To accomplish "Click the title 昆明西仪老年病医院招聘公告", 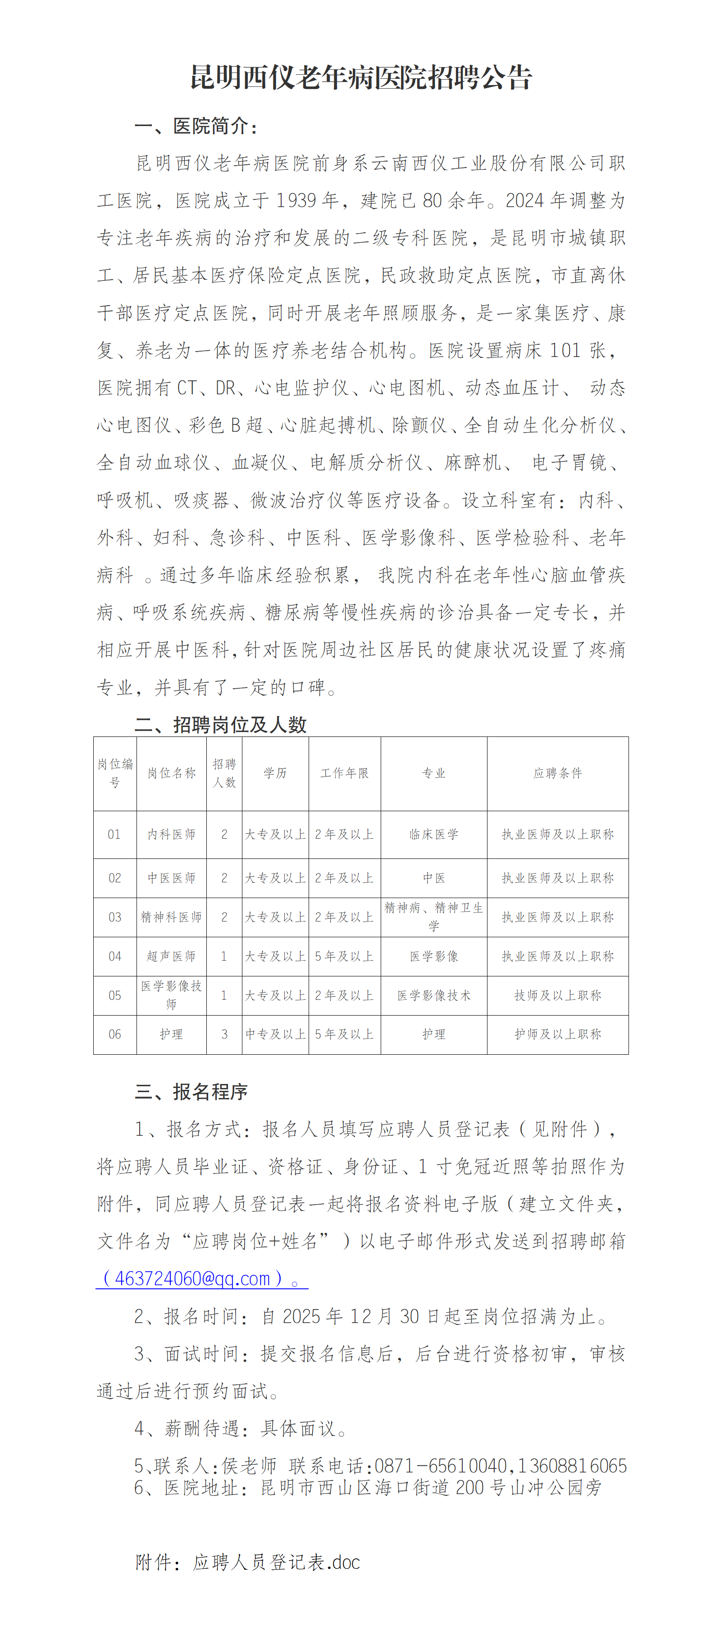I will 361,77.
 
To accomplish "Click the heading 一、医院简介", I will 196,126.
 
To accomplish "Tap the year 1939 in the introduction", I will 296,201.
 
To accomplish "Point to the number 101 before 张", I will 565,350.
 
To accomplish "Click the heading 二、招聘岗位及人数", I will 220,724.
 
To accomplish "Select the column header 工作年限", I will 344,773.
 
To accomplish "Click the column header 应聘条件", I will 557,773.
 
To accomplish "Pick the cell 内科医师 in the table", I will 172,834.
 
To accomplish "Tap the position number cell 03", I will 115,917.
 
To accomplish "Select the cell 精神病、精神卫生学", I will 434,917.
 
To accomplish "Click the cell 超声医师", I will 172,956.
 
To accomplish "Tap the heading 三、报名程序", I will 191,1092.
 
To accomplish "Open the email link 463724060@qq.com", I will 192,1278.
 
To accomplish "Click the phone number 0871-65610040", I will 441,1466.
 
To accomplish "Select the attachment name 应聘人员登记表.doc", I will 276,1562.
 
